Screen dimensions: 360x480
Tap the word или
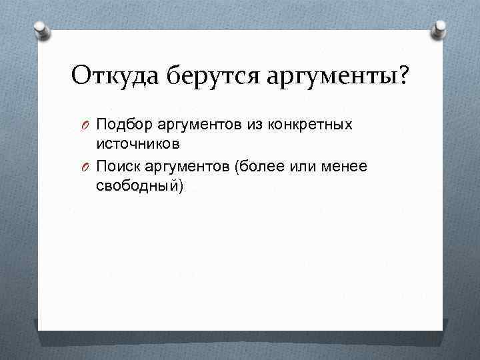(305, 165)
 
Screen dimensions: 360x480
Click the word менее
(345, 165)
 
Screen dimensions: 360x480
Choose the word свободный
(136, 185)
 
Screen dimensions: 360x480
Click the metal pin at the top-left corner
(40, 29)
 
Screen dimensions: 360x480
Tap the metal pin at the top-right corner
(441, 29)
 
